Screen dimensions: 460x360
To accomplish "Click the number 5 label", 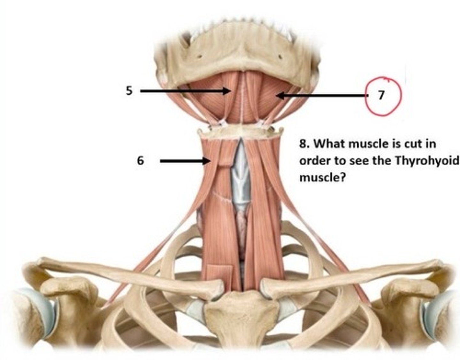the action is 129,91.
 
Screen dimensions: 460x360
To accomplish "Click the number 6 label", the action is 140,160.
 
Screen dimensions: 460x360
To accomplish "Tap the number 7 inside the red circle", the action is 381,95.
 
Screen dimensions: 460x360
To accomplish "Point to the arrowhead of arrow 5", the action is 227,91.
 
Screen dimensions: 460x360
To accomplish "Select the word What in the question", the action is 329,144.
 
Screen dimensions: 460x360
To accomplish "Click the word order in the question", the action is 313,160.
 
